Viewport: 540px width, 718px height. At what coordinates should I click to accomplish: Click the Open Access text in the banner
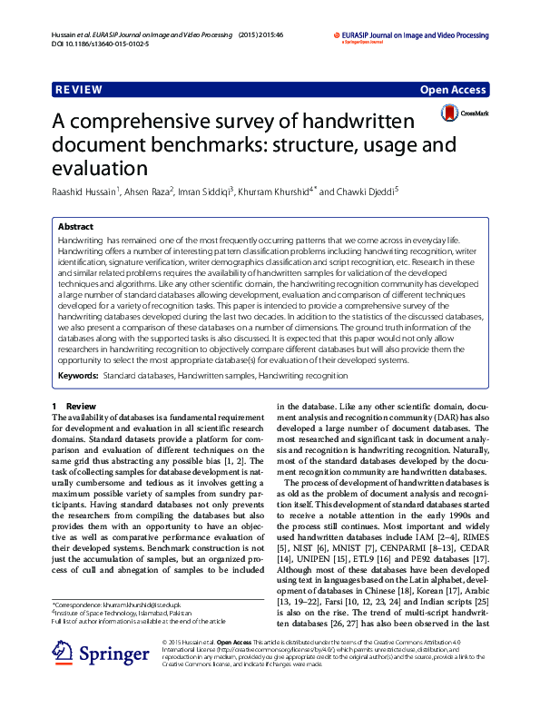(x=454, y=91)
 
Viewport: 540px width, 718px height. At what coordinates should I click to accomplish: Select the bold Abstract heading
(x=75, y=226)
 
